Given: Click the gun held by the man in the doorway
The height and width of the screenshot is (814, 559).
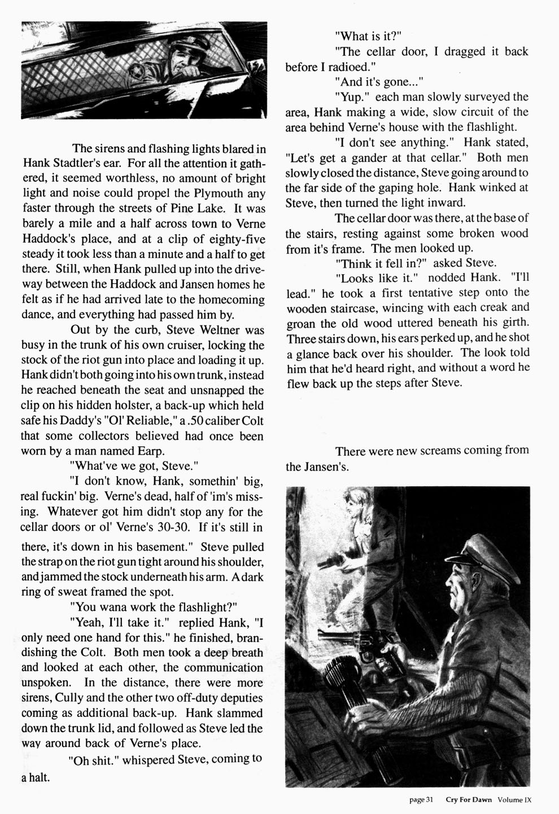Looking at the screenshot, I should coord(331,562).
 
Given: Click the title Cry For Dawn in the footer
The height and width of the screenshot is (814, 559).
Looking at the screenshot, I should coord(468,799).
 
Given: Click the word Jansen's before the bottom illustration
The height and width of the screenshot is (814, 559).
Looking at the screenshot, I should coord(317,467).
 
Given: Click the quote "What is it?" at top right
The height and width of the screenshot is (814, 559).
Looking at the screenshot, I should coord(368,36).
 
